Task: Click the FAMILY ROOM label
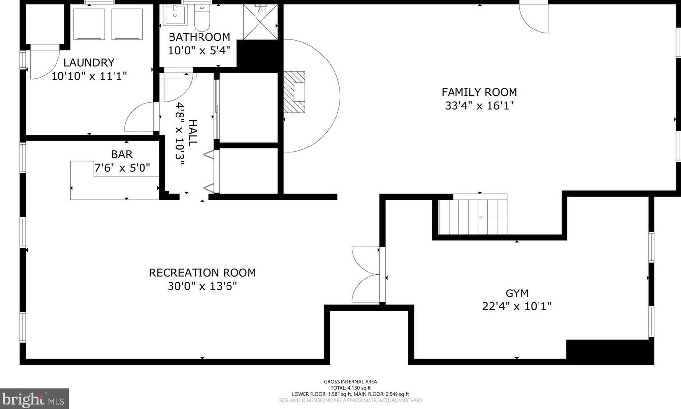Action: (479, 92)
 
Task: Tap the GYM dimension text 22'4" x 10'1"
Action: (517, 306)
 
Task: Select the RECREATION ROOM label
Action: (202, 273)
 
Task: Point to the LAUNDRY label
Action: (89, 62)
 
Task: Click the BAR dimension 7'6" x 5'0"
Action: (122, 168)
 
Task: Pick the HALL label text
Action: (193, 133)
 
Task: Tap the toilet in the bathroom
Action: (202, 18)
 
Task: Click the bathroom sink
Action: (175, 15)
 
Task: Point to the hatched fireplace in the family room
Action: (294, 92)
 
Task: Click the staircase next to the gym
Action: (473, 214)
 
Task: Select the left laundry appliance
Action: (89, 24)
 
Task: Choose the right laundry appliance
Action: (127, 24)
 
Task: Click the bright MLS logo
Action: (34, 399)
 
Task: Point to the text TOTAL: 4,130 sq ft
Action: (350, 388)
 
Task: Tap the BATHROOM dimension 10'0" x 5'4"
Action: (199, 50)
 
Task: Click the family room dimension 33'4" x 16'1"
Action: (480, 106)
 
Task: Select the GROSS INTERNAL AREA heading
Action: (350, 382)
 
